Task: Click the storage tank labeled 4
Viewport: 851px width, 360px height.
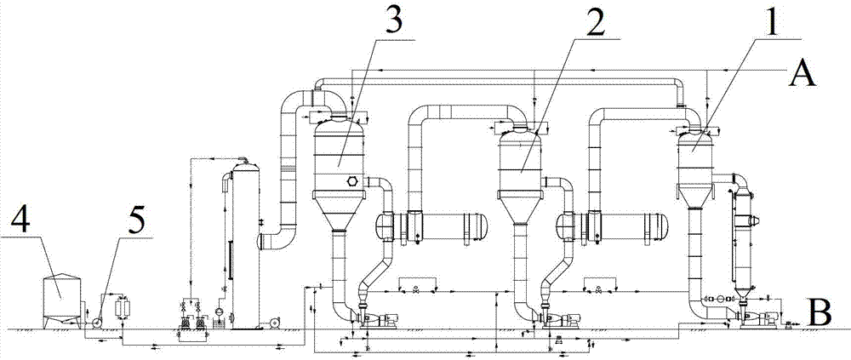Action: [x=61, y=300]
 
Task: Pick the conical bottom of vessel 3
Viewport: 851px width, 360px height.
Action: [x=338, y=211]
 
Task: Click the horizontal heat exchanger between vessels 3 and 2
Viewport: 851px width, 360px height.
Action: [x=431, y=223]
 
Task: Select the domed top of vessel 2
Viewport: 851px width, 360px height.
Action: [x=520, y=136]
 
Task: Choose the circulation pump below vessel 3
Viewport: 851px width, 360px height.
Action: [x=374, y=319]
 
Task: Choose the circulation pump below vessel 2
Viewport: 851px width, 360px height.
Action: [x=559, y=319]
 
